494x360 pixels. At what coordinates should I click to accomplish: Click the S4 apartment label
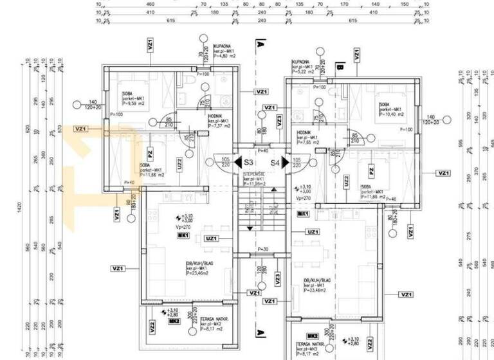coord(275,163)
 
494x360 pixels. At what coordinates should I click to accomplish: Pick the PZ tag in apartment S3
coord(150,154)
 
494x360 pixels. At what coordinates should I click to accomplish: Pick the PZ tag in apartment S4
coord(371,170)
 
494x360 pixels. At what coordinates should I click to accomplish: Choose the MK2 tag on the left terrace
coord(172,321)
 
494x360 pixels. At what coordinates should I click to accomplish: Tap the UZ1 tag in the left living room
coord(210,239)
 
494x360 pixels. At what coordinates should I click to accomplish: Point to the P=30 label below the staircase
coord(262,249)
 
